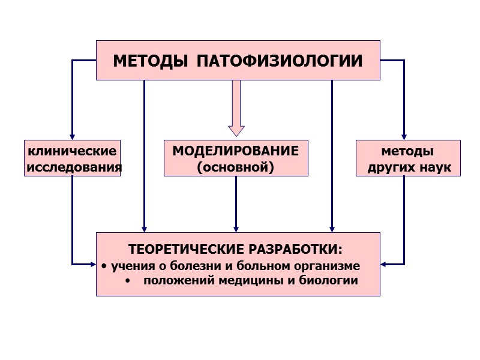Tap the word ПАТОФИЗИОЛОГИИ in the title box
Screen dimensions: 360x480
tap(280, 61)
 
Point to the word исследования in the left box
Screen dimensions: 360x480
tap(74, 166)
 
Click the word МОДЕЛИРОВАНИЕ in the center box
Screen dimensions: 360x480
tap(236, 151)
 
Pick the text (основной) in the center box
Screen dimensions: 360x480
tap(236, 166)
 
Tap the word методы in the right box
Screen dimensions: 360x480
tap(407, 151)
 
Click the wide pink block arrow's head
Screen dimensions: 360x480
tap(236, 130)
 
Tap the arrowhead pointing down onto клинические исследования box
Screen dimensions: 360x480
tap(72, 137)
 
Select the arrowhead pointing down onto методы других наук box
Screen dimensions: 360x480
tap(404, 137)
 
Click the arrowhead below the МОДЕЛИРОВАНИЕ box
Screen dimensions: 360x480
tap(236, 229)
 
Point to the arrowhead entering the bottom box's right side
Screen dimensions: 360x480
tap(384, 263)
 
